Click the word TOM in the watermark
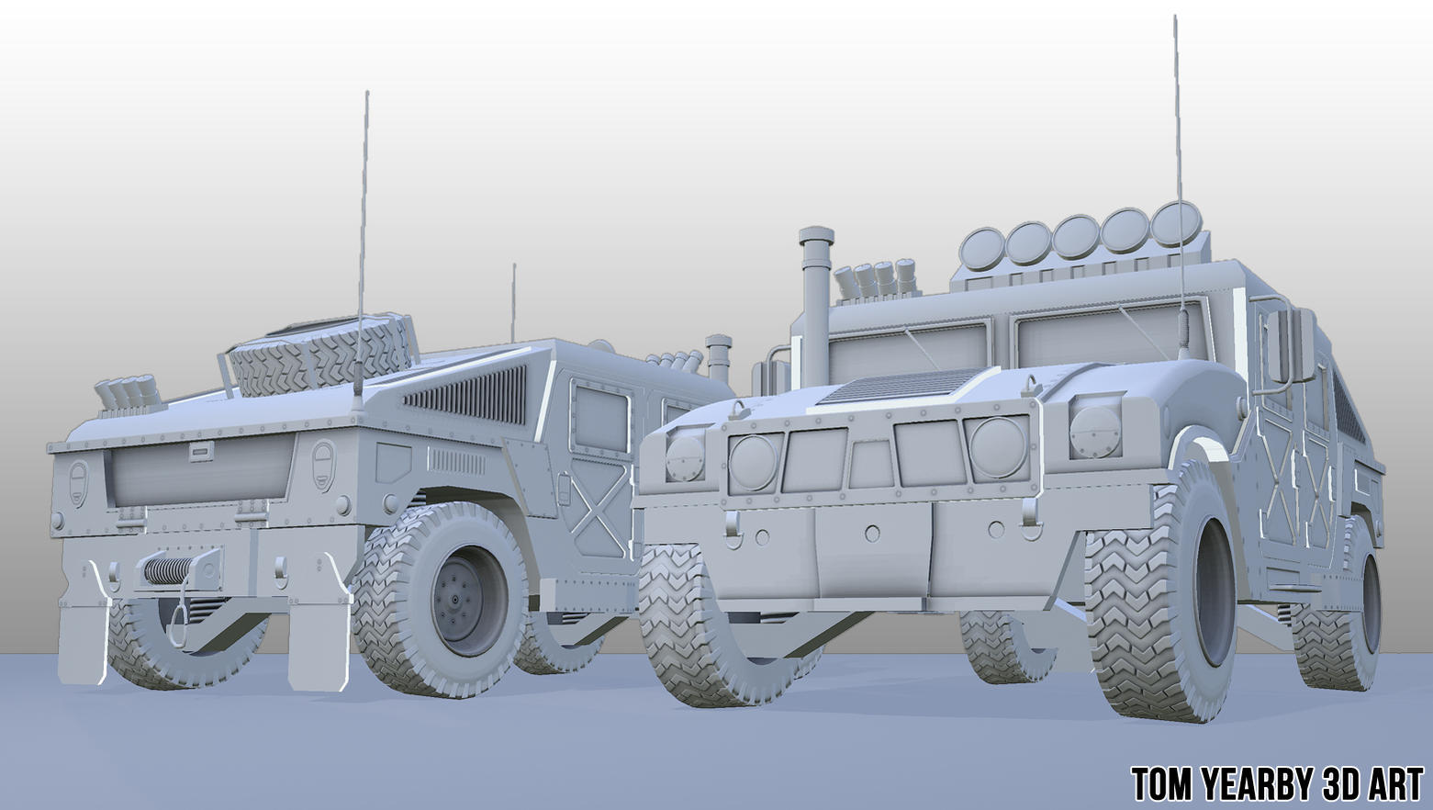(x=1163, y=785)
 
